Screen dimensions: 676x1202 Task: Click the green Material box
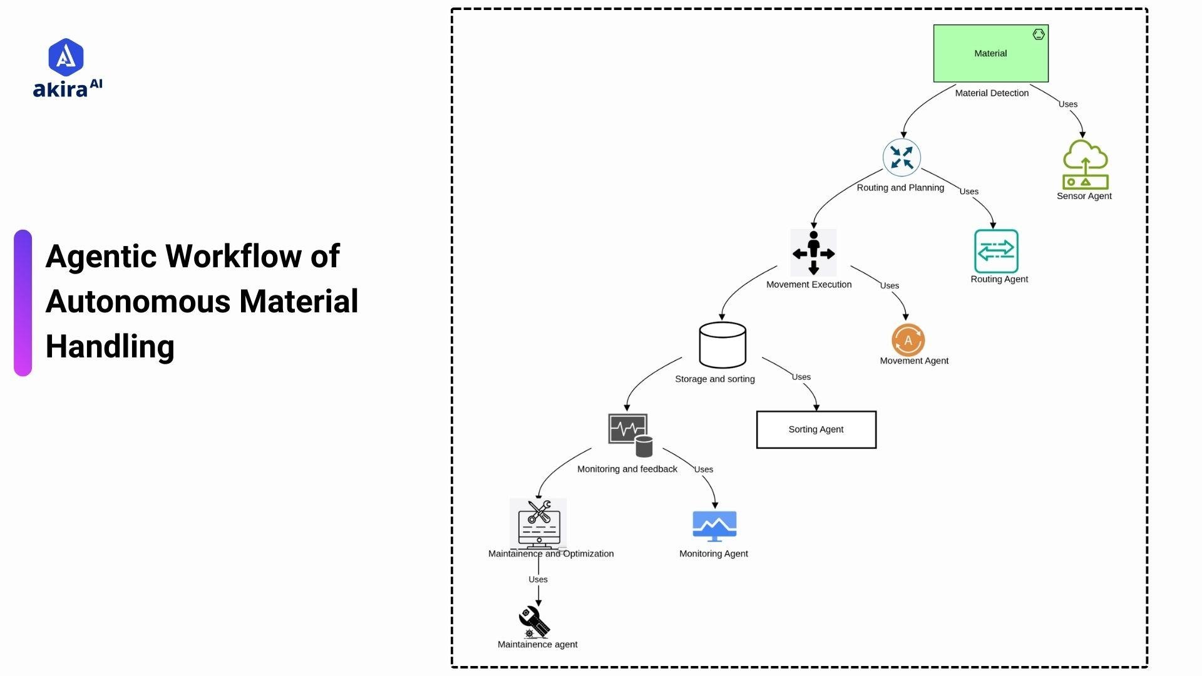(x=990, y=54)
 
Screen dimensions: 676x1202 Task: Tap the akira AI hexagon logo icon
(x=66, y=57)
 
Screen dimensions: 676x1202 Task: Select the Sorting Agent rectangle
(x=816, y=429)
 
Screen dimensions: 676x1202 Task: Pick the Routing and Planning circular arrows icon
(x=902, y=157)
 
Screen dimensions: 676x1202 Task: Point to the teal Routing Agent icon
(x=995, y=251)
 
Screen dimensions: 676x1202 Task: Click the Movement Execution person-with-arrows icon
(x=813, y=253)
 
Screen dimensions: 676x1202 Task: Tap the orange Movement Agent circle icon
(x=908, y=340)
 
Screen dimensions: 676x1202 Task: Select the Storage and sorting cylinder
(x=722, y=345)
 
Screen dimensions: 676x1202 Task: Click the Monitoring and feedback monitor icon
(x=630, y=434)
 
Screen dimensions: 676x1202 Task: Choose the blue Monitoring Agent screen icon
(x=714, y=526)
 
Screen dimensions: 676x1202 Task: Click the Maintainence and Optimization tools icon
(x=538, y=523)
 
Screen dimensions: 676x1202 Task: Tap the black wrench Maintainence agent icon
(x=534, y=622)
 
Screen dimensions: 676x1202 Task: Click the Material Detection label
(x=992, y=93)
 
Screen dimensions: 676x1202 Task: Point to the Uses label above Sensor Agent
(x=1067, y=105)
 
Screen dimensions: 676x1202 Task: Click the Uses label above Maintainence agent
(x=538, y=580)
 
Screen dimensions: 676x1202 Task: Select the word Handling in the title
(x=110, y=346)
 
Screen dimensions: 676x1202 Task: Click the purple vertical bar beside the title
(x=23, y=303)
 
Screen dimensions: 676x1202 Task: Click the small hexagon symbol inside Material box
(x=1038, y=34)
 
